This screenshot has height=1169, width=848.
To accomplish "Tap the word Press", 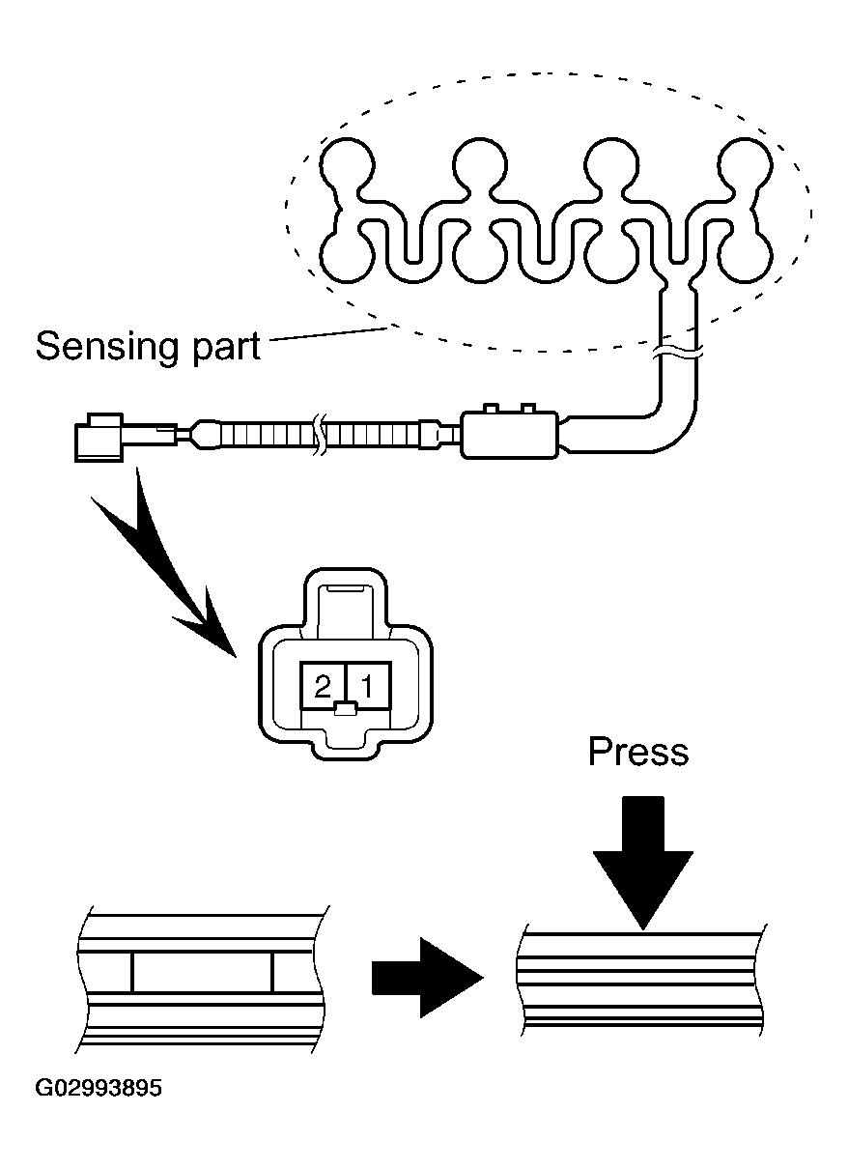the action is [637, 752].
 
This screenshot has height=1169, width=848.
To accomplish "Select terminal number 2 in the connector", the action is [322, 686].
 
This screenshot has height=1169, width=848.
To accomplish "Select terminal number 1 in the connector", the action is [368, 686].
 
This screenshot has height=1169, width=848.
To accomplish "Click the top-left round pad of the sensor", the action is [347, 164].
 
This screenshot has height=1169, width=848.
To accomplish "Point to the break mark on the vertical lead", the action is [678, 353].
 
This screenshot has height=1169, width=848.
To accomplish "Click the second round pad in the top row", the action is [480, 164].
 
